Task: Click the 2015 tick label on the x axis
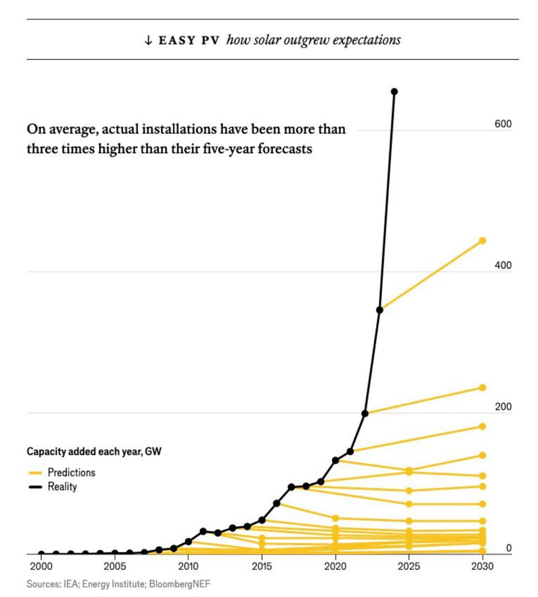click(x=262, y=567)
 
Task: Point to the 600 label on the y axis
click(x=503, y=124)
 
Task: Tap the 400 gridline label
click(x=503, y=265)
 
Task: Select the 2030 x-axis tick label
click(x=482, y=567)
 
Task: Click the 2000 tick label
click(x=42, y=567)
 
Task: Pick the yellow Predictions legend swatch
click(x=35, y=473)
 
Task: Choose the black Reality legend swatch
click(x=35, y=487)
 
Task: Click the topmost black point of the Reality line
click(x=394, y=91)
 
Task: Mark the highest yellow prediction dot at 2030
click(x=482, y=241)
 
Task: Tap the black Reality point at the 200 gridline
click(x=365, y=413)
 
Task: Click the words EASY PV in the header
click(x=189, y=40)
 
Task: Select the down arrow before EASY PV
click(x=148, y=40)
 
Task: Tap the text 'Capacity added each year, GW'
click(x=94, y=451)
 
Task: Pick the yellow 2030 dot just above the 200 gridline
click(x=482, y=388)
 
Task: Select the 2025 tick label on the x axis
click(x=409, y=567)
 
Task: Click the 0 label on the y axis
click(x=509, y=548)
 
